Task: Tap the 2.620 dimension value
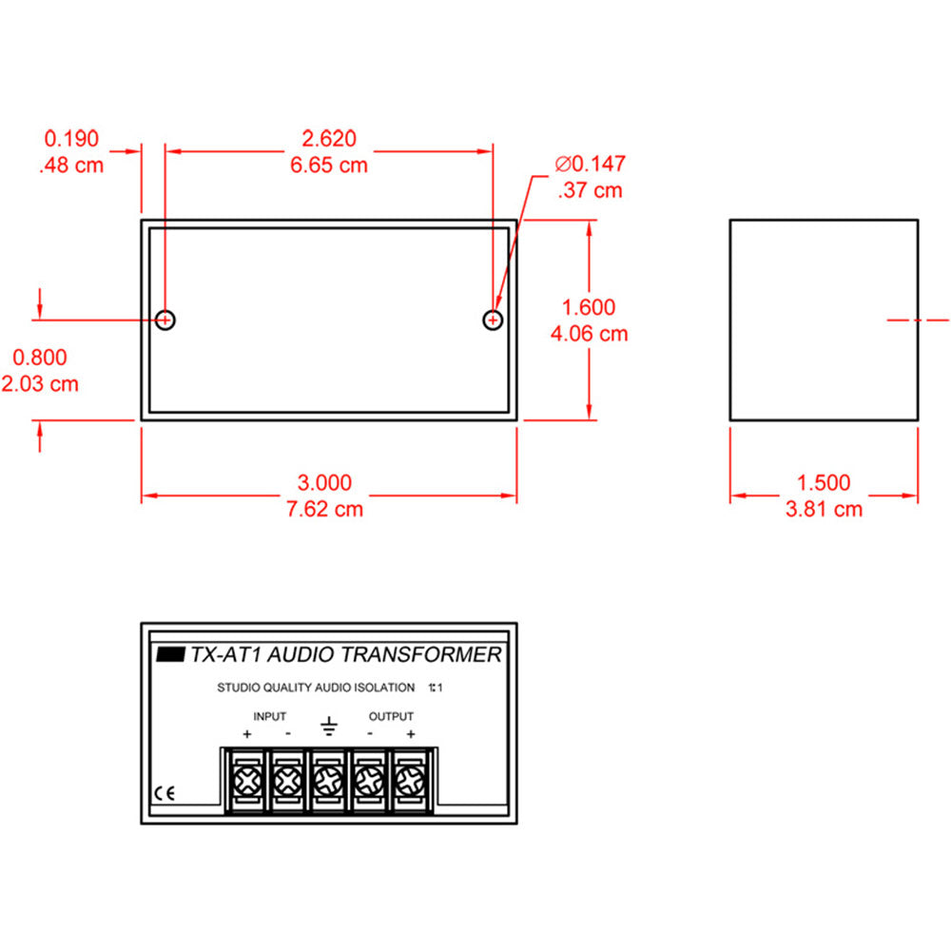[329, 139]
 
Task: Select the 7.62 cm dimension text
[324, 509]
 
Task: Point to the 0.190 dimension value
[71, 139]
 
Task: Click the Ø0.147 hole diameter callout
[591, 164]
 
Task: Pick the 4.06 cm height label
[589, 334]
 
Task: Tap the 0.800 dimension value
[40, 358]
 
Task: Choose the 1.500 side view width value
[824, 483]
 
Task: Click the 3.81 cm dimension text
[824, 509]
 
